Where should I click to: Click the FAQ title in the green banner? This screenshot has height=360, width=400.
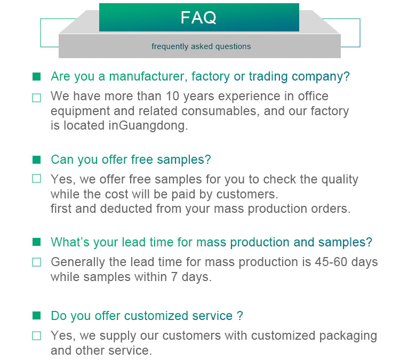coord(198,18)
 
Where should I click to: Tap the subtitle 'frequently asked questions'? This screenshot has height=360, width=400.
coord(201,46)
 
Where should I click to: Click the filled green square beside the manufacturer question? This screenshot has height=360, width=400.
coord(36,77)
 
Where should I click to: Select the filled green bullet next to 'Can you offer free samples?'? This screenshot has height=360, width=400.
coord(36,159)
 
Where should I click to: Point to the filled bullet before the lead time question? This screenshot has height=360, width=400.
coord(36,242)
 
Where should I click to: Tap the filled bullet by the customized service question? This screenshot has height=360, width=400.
coord(36,316)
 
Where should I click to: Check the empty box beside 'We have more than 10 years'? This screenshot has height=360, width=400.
coord(36,98)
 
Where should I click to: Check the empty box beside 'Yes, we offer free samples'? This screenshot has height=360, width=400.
coord(36,179)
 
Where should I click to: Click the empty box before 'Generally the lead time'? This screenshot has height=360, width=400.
coord(36,262)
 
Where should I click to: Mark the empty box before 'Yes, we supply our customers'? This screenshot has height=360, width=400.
coord(36,336)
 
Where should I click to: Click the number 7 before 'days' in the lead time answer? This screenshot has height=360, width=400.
coord(174,277)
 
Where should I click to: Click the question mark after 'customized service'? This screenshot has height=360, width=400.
coord(240,316)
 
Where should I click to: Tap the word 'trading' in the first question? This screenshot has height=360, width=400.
coord(268,77)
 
